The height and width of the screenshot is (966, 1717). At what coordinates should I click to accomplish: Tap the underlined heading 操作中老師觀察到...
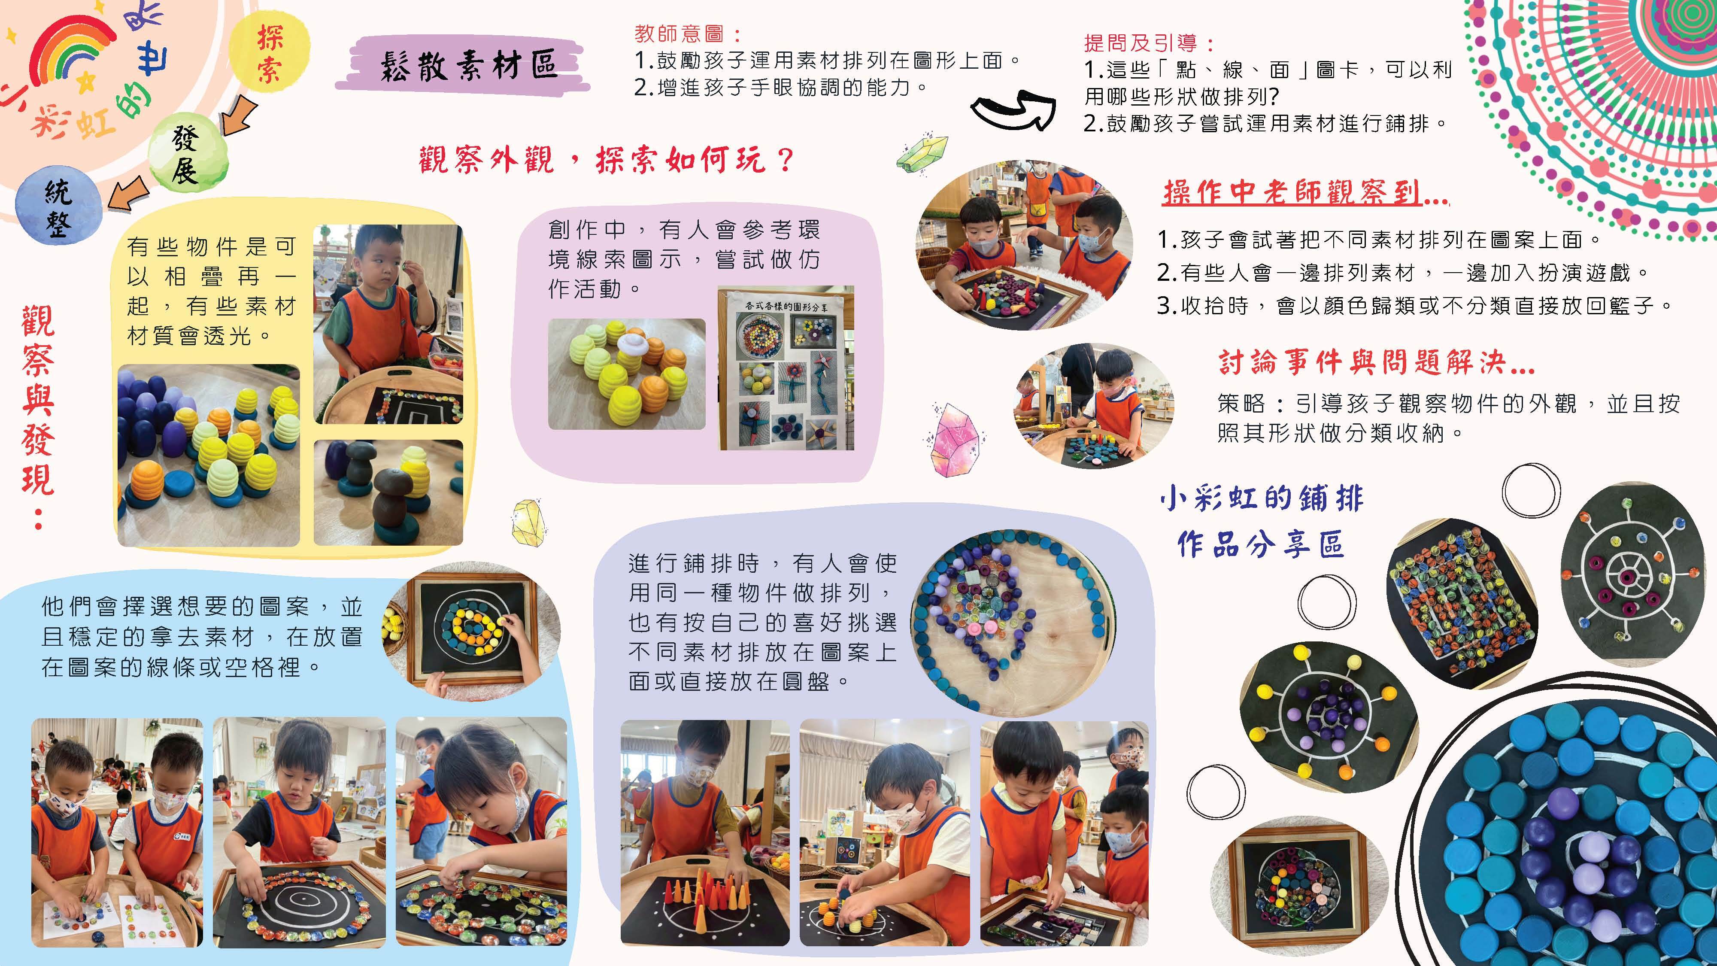point(1304,193)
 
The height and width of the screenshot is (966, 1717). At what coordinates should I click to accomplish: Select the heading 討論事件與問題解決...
point(1377,362)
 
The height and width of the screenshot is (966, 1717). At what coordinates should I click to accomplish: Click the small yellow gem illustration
point(529,521)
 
